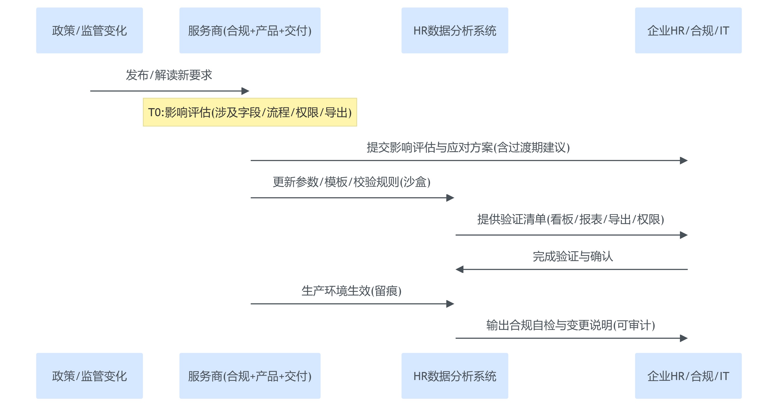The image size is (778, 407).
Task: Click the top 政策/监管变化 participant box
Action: coord(89,31)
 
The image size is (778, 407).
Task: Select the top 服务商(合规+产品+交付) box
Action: coord(250,31)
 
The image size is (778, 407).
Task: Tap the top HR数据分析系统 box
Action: coord(455,31)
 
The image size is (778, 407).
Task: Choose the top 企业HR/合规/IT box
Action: coord(688,31)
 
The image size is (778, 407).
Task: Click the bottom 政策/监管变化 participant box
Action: coord(89,376)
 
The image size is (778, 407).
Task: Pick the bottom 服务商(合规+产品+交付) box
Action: coord(250,376)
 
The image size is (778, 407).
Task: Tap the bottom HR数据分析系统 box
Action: coord(455,376)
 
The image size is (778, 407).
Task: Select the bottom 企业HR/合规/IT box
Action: coord(688,376)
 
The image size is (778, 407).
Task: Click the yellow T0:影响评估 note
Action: coord(250,112)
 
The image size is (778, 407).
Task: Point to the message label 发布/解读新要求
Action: coord(169,75)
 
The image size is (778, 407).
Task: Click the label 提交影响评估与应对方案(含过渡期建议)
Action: coord(468,147)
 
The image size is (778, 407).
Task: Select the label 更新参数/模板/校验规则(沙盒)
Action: coord(352,182)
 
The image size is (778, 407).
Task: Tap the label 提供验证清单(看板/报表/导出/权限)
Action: coord(571,219)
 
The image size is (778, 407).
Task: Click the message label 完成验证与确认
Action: coord(573,257)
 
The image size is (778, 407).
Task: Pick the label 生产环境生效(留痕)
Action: coord(352,291)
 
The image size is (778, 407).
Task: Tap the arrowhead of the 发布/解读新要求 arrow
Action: coord(245,91)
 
